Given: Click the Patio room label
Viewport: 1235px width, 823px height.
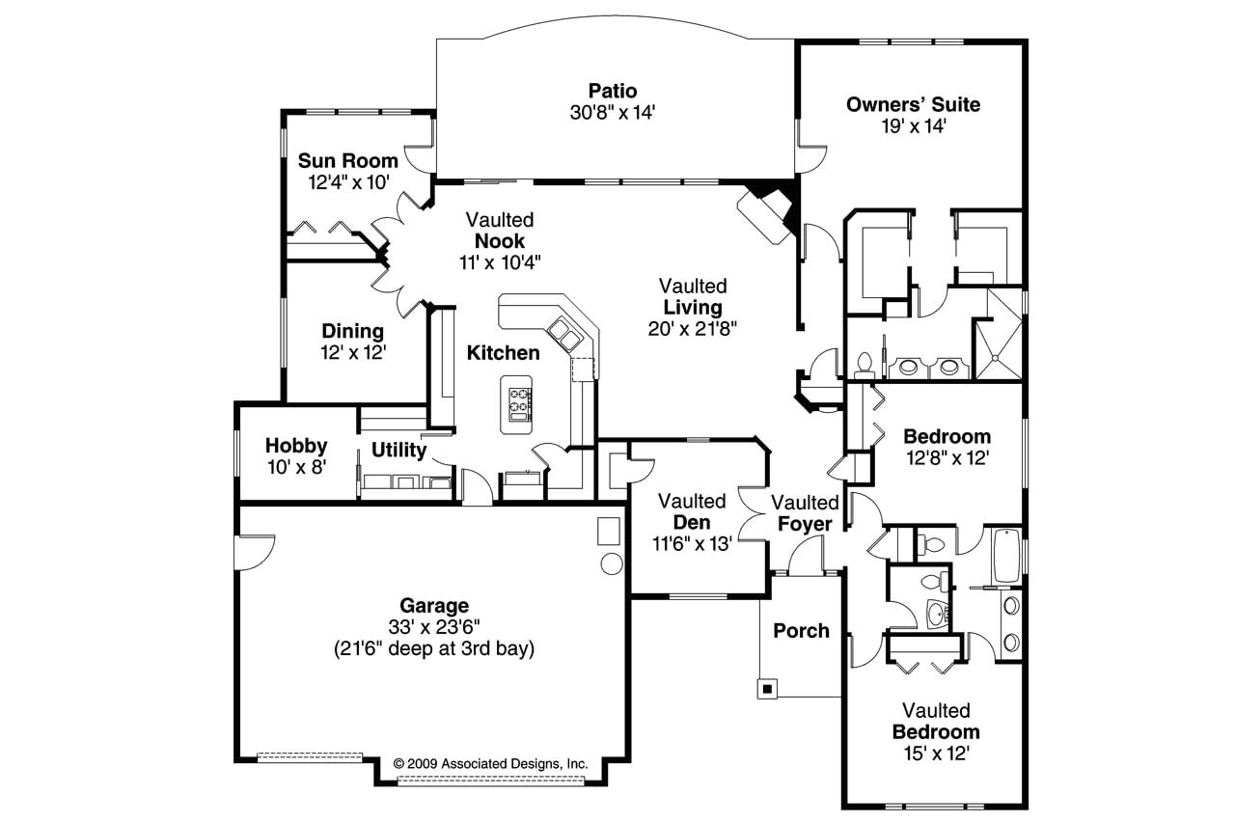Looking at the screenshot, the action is (612, 91).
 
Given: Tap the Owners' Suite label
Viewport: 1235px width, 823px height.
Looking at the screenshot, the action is (913, 104).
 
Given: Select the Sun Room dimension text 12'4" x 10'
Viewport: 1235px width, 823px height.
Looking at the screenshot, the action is (348, 182).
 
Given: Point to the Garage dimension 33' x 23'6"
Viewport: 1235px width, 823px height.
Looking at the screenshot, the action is (434, 627).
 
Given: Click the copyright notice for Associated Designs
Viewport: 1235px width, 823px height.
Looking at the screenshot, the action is (490, 764).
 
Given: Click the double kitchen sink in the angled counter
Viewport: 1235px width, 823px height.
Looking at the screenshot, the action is (563, 334).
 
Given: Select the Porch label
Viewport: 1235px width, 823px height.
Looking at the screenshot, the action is (801, 631).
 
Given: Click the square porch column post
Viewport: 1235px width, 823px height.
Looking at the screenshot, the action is (767, 689).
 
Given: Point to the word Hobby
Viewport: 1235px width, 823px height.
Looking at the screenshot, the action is (296, 446).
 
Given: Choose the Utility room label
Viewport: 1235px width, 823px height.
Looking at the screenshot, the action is (398, 450).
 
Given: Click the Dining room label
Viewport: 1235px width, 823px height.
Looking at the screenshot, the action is (353, 331).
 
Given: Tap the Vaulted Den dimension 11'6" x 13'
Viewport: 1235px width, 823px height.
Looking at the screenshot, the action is (692, 544).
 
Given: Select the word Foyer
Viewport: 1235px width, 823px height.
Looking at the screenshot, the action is (805, 524).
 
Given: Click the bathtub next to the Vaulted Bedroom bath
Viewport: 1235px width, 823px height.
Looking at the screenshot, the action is (1006, 555).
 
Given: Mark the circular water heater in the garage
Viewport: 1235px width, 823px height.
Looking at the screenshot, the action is (611, 563).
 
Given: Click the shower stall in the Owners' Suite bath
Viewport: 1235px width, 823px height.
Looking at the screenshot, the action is (999, 334).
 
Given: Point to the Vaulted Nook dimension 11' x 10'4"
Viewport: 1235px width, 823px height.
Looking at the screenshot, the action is (500, 263).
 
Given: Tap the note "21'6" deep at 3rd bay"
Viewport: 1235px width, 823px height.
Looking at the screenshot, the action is (434, 648).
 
